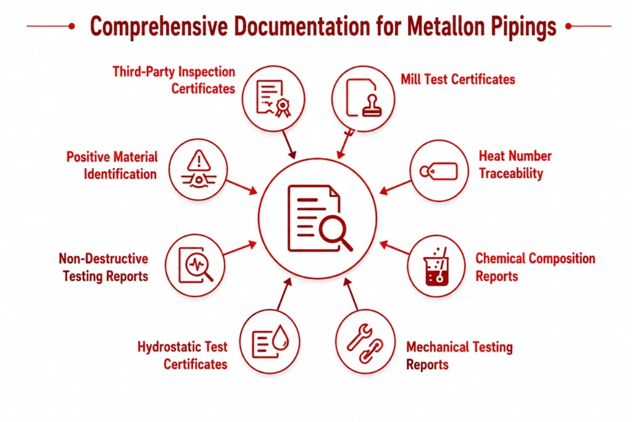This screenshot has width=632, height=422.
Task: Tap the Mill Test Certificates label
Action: pyautogui.click(x=458, y=80)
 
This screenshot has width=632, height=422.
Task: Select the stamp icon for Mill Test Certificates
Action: pyautogui.click(x=372, y=106)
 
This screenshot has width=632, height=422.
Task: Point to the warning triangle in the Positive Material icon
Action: pyautogui.click(x=199, y=160)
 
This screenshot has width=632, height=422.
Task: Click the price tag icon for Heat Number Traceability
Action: pyautogui.click(x=439, y=171)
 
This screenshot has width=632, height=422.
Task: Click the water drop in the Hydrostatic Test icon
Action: pyautogui.click(x=281, y=337)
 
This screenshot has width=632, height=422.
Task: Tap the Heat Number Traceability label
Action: pyautogui.click(x=515, y=164)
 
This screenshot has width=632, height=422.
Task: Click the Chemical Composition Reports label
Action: pyautogui.click(x=535, y=267)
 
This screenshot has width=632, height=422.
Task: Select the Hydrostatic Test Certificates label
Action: pyautogui.click(x=183, y=355)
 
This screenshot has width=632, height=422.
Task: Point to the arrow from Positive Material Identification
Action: pyautogui.click(x=242, y=187)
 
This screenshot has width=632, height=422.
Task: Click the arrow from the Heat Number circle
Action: pyautogui.click(x=396, y=187)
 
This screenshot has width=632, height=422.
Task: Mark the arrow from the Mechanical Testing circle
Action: pyautogui.click(x=351, y=293)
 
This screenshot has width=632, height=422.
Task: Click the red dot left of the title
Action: pyautogui.click(x=72, y=26)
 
